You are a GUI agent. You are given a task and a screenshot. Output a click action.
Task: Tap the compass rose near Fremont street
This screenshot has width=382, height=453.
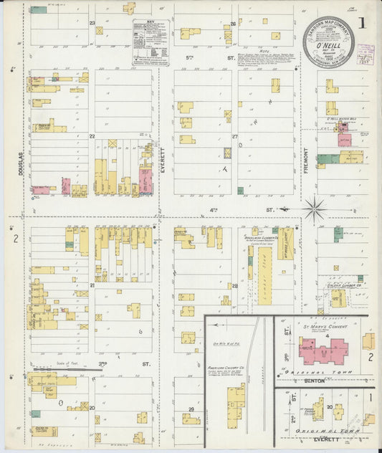313,209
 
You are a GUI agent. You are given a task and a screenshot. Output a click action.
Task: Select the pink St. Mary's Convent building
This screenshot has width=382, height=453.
323,351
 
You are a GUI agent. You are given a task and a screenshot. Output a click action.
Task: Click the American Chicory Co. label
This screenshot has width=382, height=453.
223,366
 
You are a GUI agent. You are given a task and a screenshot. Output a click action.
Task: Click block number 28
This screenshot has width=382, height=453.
234,286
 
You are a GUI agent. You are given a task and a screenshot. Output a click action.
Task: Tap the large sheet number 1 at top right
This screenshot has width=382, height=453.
363,23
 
